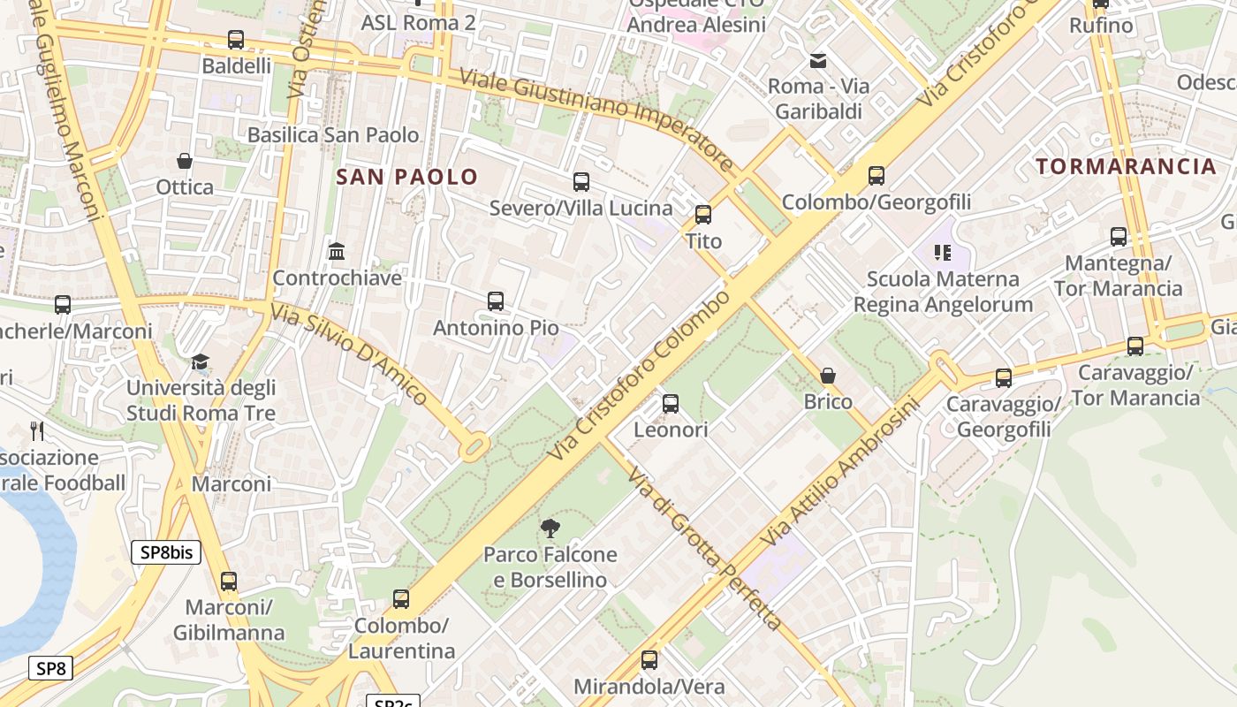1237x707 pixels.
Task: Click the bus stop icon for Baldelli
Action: [x=236, y=40]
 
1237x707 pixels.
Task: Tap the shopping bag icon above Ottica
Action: [x=185, y=161]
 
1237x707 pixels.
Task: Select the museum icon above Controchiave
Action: [x=337, y=252]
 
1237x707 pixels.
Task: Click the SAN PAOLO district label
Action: [x=407, y=177]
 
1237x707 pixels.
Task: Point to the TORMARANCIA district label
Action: [x=1126, y=166]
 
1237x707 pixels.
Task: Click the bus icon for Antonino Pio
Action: [x=496, y=301]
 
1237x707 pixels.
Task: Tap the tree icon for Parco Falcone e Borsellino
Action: [x=550, y=528]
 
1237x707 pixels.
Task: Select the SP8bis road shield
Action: [x=166, y=553]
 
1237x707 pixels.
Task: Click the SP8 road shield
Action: [x=50, y=668]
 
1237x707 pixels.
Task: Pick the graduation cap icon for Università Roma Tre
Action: [x=201, y=362]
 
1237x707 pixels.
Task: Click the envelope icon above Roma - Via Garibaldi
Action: [x=818, y=61]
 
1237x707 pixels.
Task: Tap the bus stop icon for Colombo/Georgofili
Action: [x=877, y=176]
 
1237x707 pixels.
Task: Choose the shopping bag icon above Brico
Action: [x=828, y=376]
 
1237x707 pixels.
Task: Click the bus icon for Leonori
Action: [x=671, y=404]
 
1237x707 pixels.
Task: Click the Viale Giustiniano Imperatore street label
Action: [x=596, y=119]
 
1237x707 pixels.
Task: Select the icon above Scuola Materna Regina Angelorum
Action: [x=943, y=254]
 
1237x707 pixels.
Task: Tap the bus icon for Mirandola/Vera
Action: [x=649, y=660]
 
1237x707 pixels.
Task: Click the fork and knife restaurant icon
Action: [x=37, y=430]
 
